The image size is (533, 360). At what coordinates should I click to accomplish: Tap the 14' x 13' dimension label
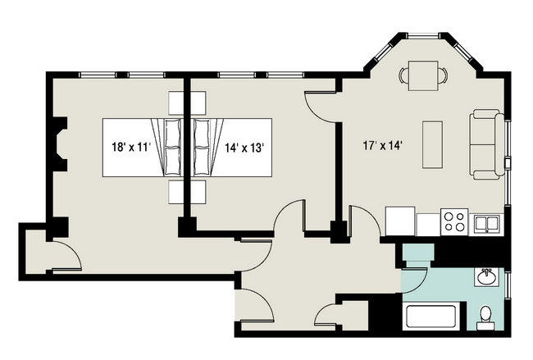(244, 148)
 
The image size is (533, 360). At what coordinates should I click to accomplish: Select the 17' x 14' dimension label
(382, 147)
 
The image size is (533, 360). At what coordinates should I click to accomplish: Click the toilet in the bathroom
(485, 315)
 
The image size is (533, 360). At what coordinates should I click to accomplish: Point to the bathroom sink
(486, 276)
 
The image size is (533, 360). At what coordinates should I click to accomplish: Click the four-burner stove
(454, 221)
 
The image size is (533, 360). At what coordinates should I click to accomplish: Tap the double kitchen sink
(488, 222)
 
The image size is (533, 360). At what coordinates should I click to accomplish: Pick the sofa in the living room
(486, 145)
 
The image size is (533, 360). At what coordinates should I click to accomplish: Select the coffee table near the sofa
(432, 145)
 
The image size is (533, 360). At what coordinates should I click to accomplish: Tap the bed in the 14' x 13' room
(234, 148)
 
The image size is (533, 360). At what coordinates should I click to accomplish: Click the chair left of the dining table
(403, 75)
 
